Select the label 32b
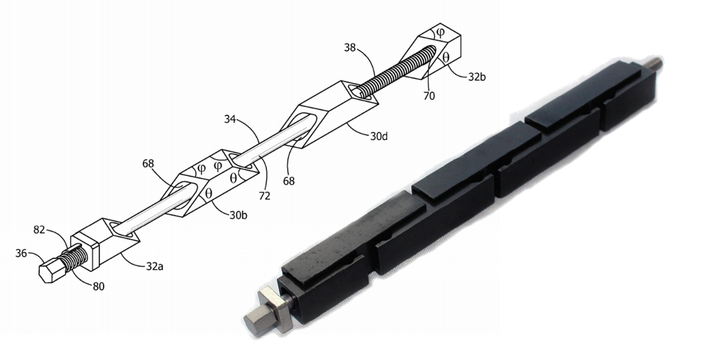pos(473,76)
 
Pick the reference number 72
pos(264,196)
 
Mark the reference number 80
pos(99,285)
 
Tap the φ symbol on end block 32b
pos(440,31)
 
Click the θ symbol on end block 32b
pos(446,57)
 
